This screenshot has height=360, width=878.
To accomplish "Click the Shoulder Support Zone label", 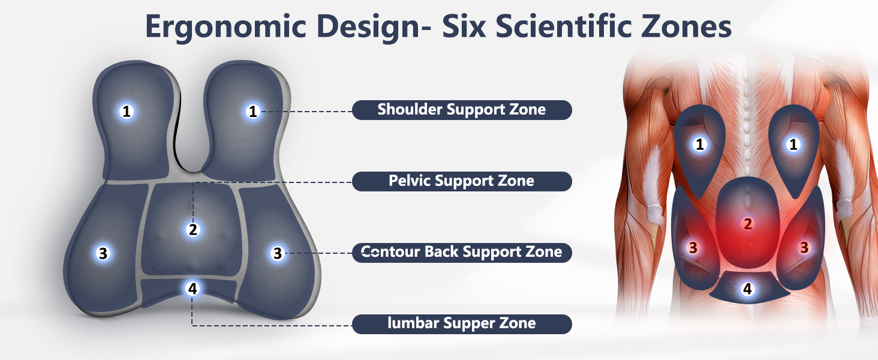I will click(461, 110).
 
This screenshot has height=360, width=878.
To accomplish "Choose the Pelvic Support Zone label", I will click(461, 181).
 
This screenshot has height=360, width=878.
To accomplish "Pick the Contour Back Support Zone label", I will click(461, 253).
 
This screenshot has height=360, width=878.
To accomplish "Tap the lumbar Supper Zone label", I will click(461, 324).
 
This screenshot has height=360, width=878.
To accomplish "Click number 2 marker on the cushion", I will click(193, 229).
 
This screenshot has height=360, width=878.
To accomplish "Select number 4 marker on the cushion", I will click(193, 289).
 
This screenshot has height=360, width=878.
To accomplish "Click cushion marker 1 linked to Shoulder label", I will click(252, 111).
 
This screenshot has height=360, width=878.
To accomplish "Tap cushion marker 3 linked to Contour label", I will click(277, 253).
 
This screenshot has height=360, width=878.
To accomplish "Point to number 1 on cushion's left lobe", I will click(126, 111).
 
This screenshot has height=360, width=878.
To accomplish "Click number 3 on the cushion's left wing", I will click(103, 253).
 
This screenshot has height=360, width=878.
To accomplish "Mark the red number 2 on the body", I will click(747, 224).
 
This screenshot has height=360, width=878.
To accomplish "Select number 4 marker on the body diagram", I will click(747, 289).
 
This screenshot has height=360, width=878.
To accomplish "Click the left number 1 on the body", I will click(699, 145).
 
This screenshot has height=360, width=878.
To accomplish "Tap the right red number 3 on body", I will click(804, 247).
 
